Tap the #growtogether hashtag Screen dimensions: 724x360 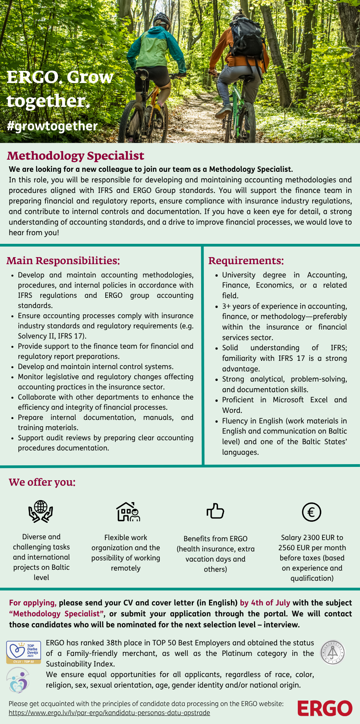coord(52,126)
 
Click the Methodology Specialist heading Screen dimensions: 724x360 coord(76,156)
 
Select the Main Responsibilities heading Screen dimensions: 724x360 coord(63,261)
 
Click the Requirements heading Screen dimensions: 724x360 coord(246,261)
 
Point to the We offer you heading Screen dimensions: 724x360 coord(42,482)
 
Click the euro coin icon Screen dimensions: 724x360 coord(311,512)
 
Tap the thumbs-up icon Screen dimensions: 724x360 coord(215,511)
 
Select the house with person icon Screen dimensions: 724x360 coord(128,511)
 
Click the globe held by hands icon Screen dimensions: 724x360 coord(41,511)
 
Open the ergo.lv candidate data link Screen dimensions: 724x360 coord(109,713)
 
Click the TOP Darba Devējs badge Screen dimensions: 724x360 coord(23,652)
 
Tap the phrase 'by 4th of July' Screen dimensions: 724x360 coord(265,603)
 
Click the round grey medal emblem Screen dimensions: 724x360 coord(332,652)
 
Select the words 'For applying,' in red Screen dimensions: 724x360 coord(32,603)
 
